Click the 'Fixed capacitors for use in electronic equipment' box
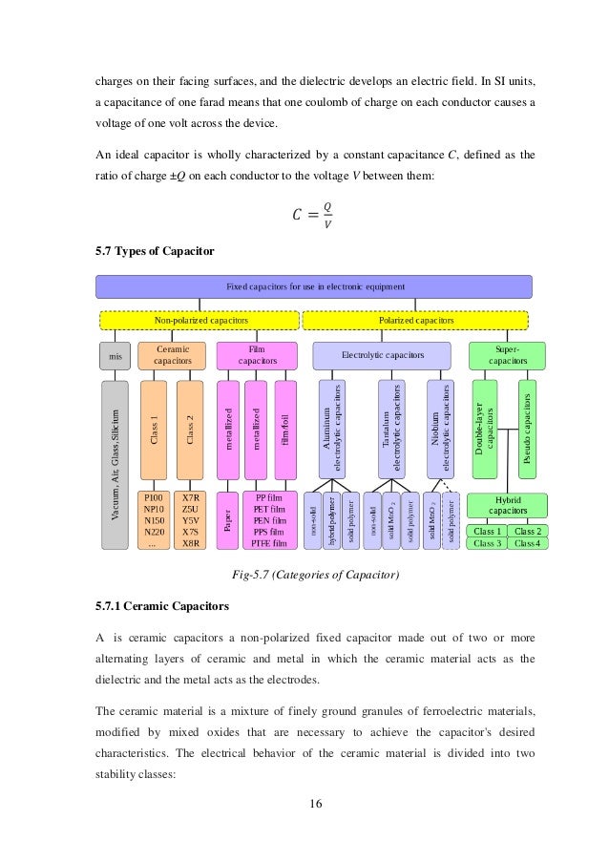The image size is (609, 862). coord(314,286)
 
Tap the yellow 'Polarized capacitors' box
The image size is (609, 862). coord(416,321)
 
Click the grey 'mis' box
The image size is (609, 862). coord(114,356)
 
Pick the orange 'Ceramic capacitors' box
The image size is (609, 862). coord(172,356)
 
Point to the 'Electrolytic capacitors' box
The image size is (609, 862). coord(382,356)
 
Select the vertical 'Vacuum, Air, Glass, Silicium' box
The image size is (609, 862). coord(115,465)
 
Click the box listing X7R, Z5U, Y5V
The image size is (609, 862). coord(190,520)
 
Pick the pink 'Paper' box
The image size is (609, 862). coord(227,520)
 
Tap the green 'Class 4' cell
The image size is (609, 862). coord(527,543)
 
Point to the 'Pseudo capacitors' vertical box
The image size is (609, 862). coord(527,429)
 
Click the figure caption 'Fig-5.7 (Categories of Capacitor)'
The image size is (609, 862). coord(315,575)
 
